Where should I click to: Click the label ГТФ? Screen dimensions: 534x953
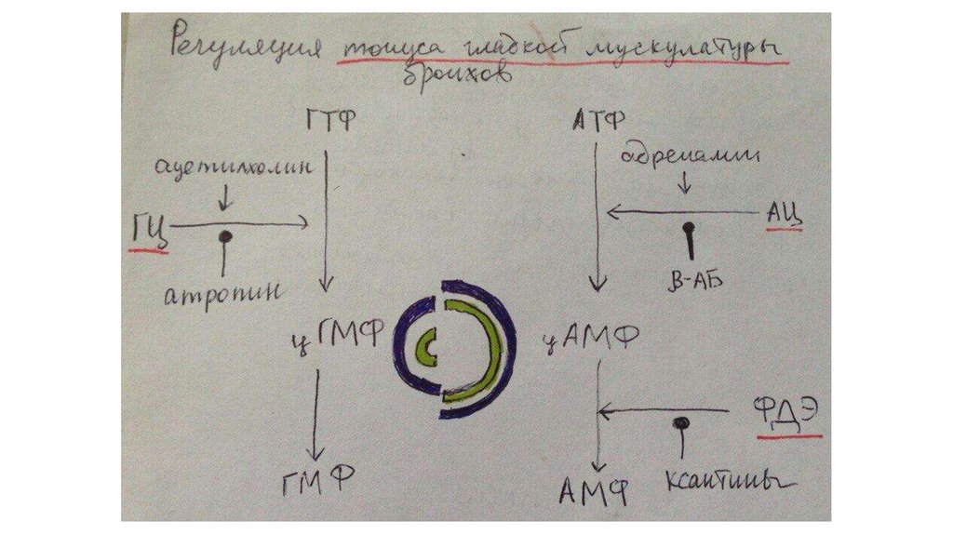pos(329,121)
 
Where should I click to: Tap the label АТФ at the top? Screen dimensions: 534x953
pos(598,120)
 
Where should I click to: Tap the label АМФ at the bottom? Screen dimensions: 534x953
pos(596,487)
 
